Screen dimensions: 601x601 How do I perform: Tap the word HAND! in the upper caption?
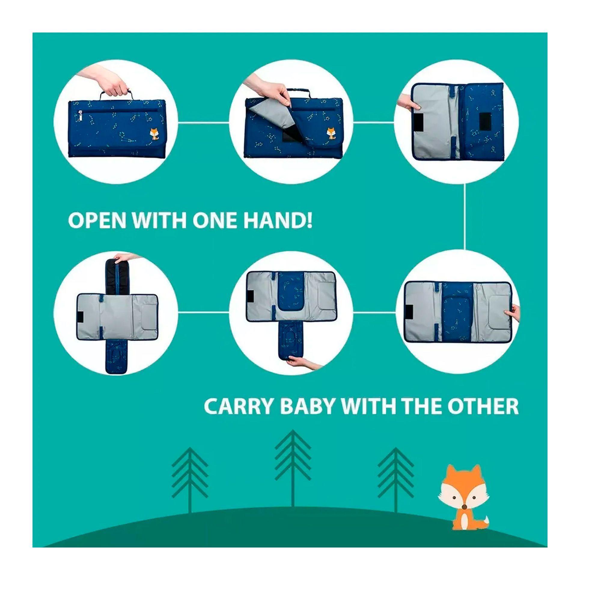click(278, 221)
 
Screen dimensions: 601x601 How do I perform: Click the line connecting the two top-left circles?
click(203, 123)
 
